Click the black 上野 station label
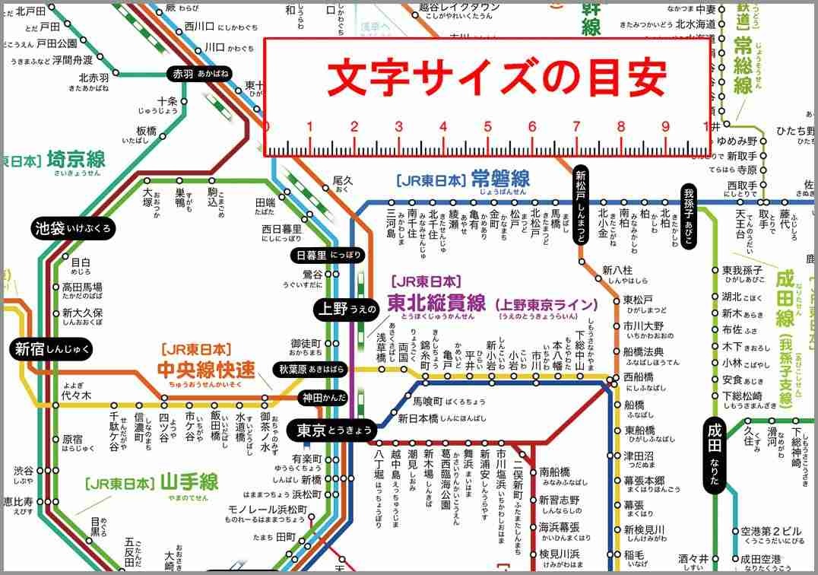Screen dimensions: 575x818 click(x=346, y=308)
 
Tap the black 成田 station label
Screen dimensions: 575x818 click(x=715, y=456)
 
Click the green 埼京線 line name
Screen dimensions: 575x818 click(x=76, y=160)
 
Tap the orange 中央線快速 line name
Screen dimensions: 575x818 click(x=205, y=370)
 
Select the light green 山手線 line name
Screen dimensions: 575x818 click(x=188, y=481)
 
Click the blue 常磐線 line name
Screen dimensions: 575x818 click(x=499, y=179)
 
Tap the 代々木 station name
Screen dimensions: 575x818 click(x=77, y=396)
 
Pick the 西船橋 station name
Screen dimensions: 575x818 click(x=638, y=376)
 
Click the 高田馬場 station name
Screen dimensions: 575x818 click(x=82, y=287)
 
